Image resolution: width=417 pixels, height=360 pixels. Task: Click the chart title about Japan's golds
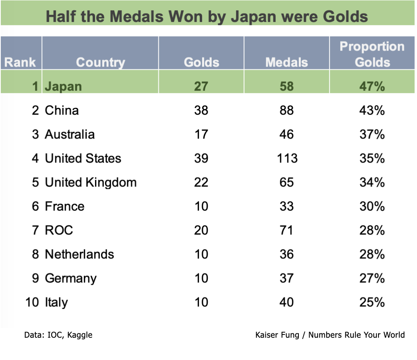(x=207, y=17)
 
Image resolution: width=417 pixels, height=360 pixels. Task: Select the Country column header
(x=100, y=63)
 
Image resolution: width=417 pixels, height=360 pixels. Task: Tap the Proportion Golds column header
(x=372, y=54)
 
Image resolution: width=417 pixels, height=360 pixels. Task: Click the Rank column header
(x=20, y=63)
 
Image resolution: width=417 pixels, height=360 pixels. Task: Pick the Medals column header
(x=286, y=63)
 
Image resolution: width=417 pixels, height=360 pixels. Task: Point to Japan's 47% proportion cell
(x=372, y=86)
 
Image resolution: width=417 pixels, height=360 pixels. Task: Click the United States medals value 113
(x=287, y=158)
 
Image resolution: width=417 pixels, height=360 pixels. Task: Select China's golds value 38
(x=201, y=110)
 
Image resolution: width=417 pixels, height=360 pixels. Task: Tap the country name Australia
(x=70, y=134)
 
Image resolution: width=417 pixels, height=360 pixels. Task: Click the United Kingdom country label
(x=91, y=182)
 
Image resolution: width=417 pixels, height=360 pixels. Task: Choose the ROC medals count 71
(x=286, y=230)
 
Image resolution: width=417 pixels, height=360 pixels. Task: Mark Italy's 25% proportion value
(x=372, y=302)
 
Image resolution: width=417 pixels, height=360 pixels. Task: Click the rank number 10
(x=32, y=302)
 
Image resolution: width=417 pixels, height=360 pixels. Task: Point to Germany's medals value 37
(x=286, y=278)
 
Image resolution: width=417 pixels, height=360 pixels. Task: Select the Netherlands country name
(x=80, y=254)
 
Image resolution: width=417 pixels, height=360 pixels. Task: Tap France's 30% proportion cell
(x=372, y=206)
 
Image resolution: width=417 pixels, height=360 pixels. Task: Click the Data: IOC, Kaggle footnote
(x=58, y=335)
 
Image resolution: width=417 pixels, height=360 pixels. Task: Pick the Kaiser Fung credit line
(x=330, y=335)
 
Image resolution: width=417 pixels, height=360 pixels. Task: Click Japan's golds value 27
(x=201, y=86)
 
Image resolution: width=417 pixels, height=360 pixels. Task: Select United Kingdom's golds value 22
(x=201, y=182)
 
